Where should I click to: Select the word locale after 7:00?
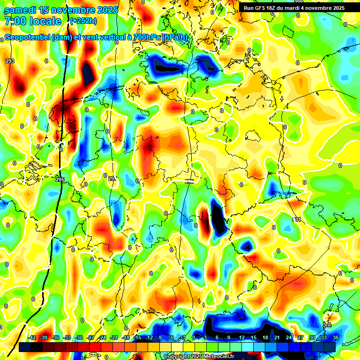45,21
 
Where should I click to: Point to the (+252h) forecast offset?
83,21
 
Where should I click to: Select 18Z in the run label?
274,8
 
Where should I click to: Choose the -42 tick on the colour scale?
32,338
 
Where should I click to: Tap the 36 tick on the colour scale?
336,338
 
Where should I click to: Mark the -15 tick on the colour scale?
137,338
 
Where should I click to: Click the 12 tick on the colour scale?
241,338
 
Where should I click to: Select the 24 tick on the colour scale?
288,338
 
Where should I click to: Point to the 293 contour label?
10,61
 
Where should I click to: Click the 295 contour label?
60,180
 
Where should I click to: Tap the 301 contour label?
296,219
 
